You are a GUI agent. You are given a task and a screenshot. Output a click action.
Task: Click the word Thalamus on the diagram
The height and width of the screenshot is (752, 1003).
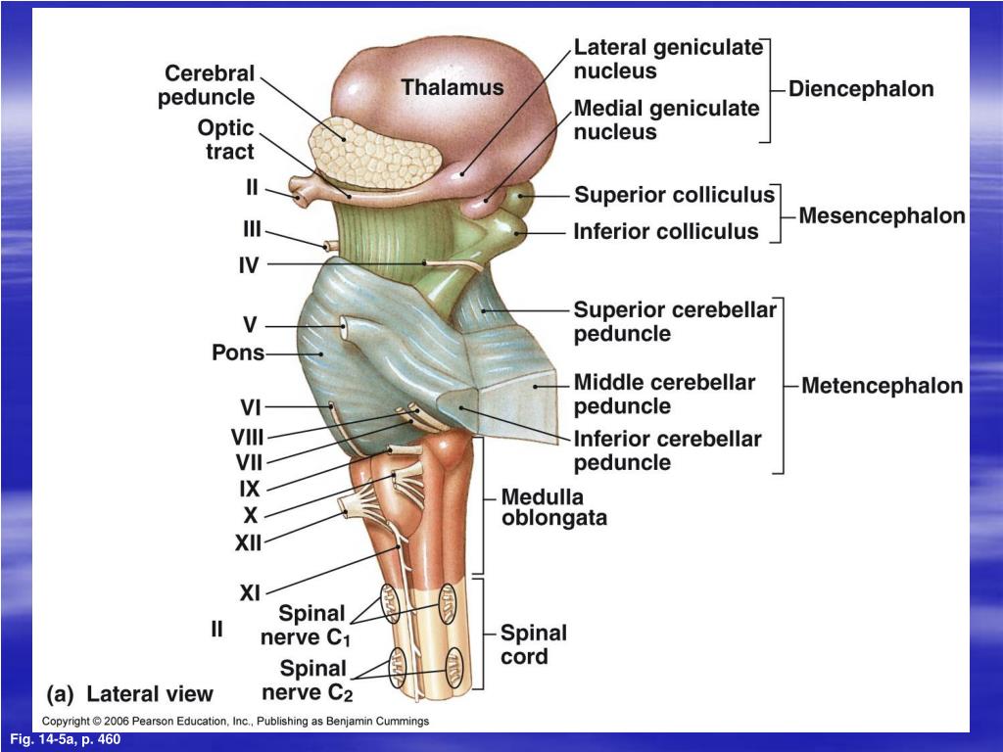(x=452, y=87)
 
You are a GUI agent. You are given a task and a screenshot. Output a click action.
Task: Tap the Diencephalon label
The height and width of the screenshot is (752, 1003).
(x=861, y=89)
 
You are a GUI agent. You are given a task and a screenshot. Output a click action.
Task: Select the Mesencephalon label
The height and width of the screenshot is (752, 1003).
(x=882, y=215)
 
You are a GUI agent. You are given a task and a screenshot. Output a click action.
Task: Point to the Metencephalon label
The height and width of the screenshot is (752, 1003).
(x=882, y=386)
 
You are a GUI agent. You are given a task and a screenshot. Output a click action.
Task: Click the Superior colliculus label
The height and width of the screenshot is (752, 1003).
(x=674, y=195)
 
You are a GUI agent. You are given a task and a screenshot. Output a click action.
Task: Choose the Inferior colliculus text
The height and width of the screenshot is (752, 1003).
(x=666, y=232)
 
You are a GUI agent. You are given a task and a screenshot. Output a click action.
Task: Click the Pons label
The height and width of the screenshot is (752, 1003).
(x=238, y=352)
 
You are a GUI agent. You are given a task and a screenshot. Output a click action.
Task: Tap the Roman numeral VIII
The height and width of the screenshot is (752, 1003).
(x=247, y=438)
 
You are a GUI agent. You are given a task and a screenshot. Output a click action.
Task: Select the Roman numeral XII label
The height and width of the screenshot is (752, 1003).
(x=248, y=541)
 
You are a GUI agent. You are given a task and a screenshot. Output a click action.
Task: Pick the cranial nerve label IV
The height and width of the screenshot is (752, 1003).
(x=249, y=264)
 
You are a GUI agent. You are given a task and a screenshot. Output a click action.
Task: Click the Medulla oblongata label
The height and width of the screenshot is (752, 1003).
(x=553, y=507)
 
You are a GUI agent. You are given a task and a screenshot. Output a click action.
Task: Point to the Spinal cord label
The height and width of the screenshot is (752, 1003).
(x=533, y=644)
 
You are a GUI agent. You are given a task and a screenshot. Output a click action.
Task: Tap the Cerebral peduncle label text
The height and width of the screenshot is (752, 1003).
(x=209, y=85)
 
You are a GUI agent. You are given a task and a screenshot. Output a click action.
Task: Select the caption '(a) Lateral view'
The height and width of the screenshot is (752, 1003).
(x=130, y=694)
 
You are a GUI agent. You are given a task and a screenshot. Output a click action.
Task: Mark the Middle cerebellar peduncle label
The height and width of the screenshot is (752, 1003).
(x=664, y=394)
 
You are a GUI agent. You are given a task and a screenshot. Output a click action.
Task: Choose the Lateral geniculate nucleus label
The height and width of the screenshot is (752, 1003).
(x=667, y=59)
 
